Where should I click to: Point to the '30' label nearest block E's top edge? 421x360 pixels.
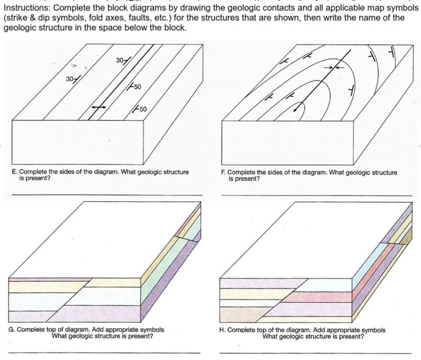(120, 61)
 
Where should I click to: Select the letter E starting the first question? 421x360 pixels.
(13, 172)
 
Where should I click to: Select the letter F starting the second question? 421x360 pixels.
(223, 172)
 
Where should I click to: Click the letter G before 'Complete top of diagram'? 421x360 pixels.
(12, 329)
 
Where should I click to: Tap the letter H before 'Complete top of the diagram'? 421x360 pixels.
(223, 329)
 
